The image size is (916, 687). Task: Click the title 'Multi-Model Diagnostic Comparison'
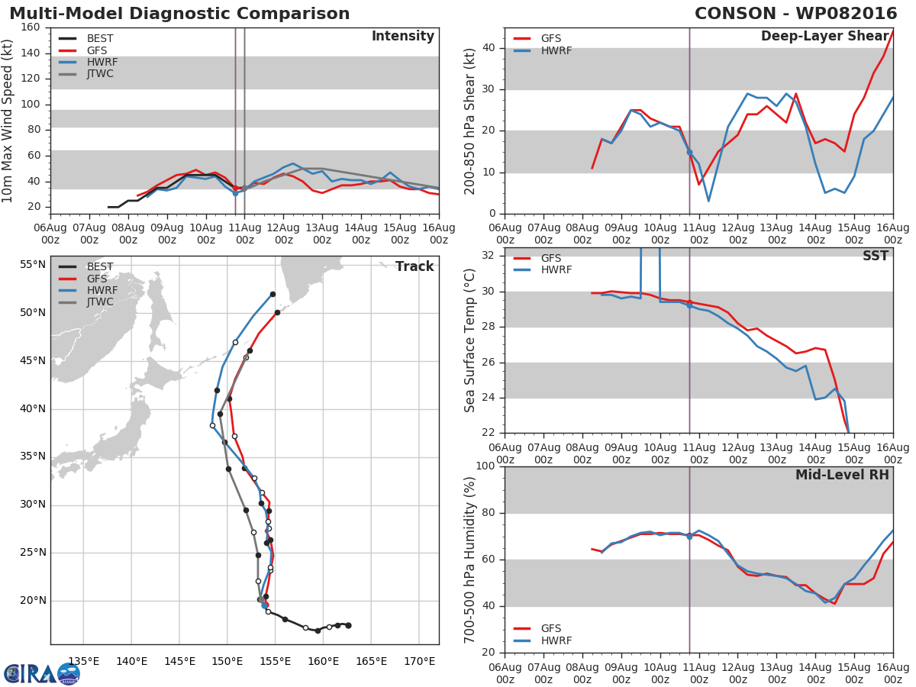tap(179, 14)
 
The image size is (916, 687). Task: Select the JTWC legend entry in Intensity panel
tap(100, 74)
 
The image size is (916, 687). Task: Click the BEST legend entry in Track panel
tap(100, 266)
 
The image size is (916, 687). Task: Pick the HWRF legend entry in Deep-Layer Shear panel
tap(556, 51)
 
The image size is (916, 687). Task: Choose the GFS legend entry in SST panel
tap(551, 258)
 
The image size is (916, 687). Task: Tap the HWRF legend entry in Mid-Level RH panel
tap(556, 640)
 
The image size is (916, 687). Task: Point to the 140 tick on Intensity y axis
tap(31, 53)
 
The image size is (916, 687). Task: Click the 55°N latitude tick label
tap(33, 265)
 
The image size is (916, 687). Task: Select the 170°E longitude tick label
tap(419, 661)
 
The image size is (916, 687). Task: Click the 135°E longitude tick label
tap(83, 661)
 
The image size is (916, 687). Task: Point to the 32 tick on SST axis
tap(489, 255)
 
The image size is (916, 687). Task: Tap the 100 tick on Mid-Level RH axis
tap(485, 466)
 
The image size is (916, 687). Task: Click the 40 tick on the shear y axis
tap(489, 48)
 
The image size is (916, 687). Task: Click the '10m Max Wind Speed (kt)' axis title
tap(8, 121)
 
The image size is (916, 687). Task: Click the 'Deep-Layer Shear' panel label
tap(824, 37)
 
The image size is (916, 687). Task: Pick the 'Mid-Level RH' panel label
tap(842, 475)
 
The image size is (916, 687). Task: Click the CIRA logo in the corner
tap(41, 673)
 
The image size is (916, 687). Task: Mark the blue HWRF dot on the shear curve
tap(689, 152)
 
